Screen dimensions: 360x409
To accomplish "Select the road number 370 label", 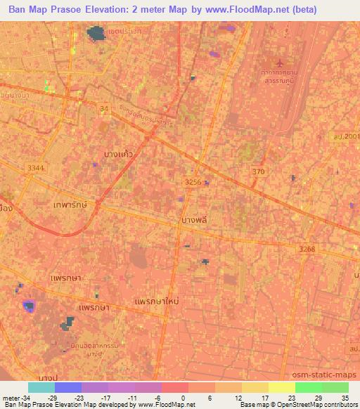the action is coord(259,171).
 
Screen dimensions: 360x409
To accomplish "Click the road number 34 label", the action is coord(105,108).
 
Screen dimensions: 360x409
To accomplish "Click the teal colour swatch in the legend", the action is coord(41,387).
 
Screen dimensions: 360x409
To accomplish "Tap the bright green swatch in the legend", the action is coord(308,387).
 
